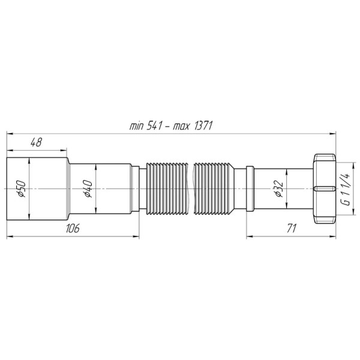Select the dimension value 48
coord(36,143)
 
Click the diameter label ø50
coord(19,188)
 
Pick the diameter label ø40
coord(87,188)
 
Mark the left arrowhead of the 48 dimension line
coord(9,150)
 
